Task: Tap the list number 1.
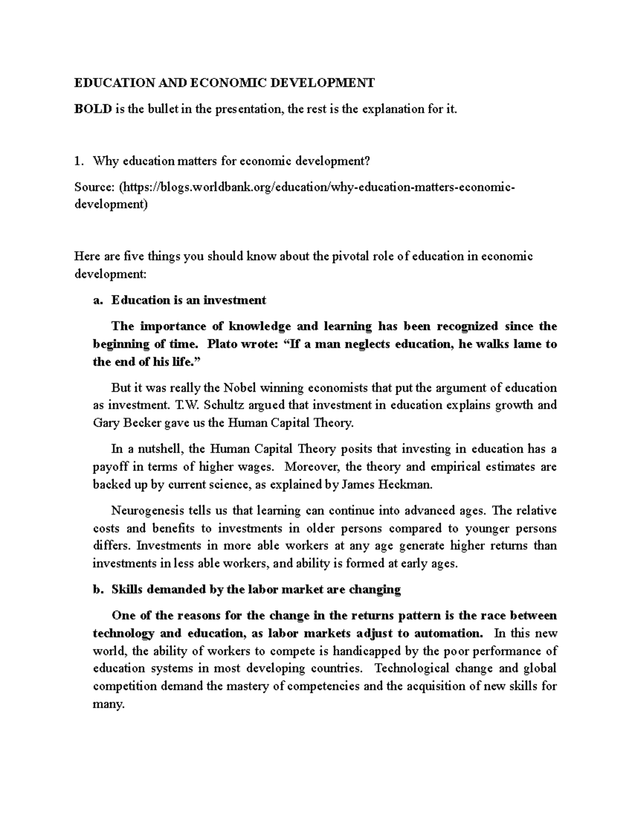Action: pos(78,161)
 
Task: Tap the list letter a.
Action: pos(96,300)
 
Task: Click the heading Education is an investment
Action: pos(189,300)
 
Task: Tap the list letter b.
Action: pos(96,589)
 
